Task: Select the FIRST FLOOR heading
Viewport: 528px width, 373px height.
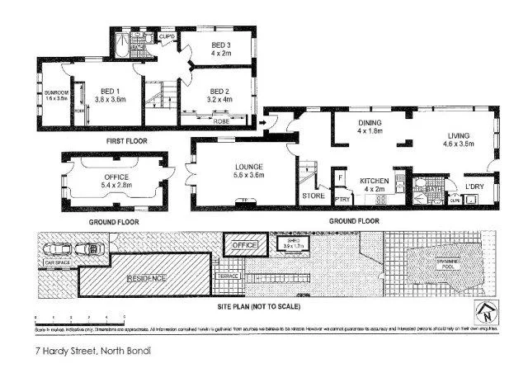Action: [x=126, y=141]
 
